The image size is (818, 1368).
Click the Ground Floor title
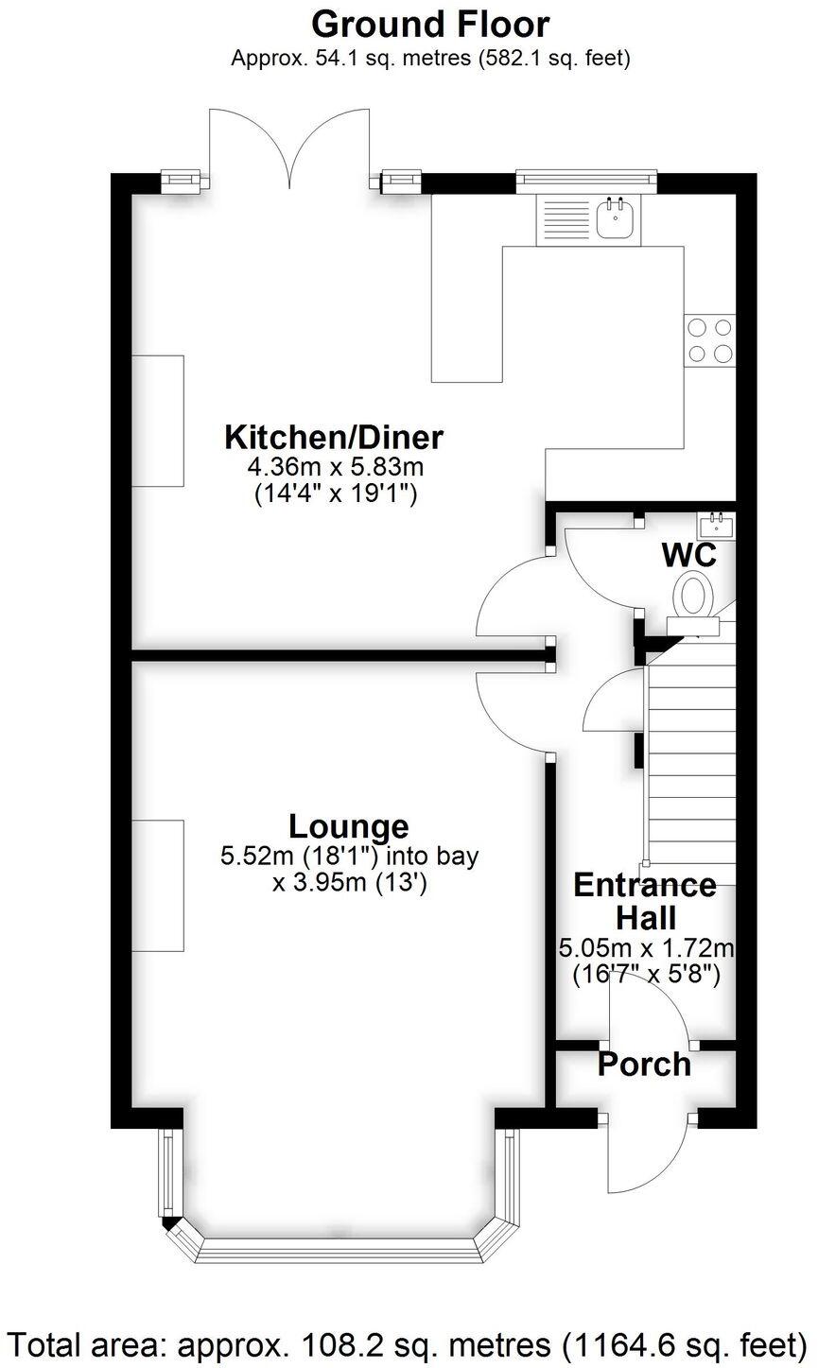click(430, 23)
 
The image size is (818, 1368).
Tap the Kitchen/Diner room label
click(334, 438)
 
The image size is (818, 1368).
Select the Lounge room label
click(349, 826)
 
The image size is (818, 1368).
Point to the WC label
click(688, 555)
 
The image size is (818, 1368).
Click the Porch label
click(644, 1065)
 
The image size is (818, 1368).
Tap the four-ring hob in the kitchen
click(710, 340)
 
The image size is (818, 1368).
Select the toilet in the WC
click(694, 595)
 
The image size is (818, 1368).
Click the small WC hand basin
click(716, 522)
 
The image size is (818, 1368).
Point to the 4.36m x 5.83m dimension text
click(334, 466)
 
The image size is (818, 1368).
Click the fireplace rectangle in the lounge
click(157, 886)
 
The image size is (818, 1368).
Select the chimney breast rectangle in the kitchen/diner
click(157, 421)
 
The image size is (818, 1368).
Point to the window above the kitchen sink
click(585, 175)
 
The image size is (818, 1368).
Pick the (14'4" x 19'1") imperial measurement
click(334, 493)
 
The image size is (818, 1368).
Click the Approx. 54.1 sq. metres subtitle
click(430, 59)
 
